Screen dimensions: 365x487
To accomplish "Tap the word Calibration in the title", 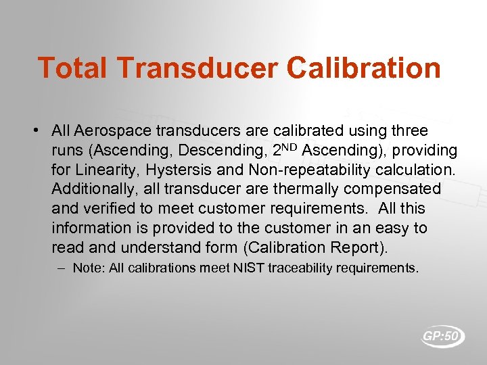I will coord(363,68).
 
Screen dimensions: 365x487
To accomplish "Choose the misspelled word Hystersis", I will coord(182,169).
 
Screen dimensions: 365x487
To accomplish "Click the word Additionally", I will coord(92,189).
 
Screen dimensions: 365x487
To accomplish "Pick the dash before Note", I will coord(62,268).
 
